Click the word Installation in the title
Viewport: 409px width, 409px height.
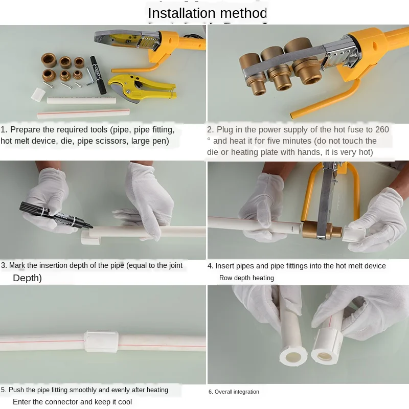click(x=181, y=13)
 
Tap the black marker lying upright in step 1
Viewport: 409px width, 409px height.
click(x=98, y=75)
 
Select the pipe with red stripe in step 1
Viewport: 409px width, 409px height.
click(x=83, y=113)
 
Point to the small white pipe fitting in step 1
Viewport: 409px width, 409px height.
click(x=38, y=95)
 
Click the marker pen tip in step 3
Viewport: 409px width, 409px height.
click(x=90, y=226)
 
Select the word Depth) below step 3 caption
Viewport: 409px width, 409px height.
click(x=28, y=278)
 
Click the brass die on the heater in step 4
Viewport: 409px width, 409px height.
click(x=322, y=230)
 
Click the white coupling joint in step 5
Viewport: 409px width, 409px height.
click(x=101, y=342)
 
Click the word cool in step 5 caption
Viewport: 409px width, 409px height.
click(x=125, y=402)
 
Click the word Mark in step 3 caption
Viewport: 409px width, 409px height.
click(x=17, y=265)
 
